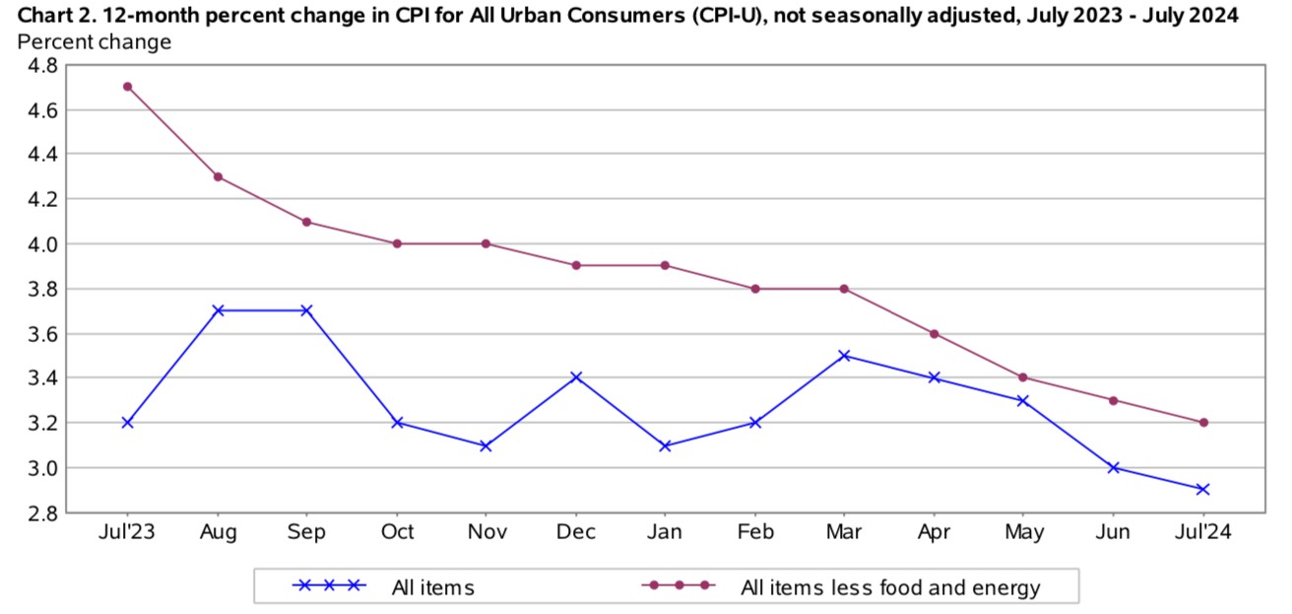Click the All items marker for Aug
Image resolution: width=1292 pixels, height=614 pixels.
218,310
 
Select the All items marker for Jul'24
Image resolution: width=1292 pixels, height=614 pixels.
1202,490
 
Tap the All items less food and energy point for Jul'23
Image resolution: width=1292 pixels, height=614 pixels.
128,87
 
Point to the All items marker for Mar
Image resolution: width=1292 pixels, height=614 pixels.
845,356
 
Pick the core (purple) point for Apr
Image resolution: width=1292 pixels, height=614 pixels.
935,334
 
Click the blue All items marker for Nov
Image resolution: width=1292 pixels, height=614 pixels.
486,445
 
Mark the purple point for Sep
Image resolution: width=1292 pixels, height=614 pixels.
307,222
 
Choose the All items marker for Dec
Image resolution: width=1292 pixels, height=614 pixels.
576,377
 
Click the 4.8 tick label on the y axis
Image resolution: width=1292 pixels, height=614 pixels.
40,65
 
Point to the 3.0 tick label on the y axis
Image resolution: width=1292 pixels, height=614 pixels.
40,468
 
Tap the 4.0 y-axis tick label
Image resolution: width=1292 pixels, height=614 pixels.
40,244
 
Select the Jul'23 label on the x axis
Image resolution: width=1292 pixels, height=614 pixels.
128,533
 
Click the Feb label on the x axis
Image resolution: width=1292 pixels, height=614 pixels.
755,533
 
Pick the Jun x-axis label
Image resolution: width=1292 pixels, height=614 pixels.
1113,533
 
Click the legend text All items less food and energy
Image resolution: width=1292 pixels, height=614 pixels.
890,588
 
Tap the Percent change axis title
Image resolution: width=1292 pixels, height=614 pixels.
95,42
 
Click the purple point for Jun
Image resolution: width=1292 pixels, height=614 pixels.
1113,400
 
